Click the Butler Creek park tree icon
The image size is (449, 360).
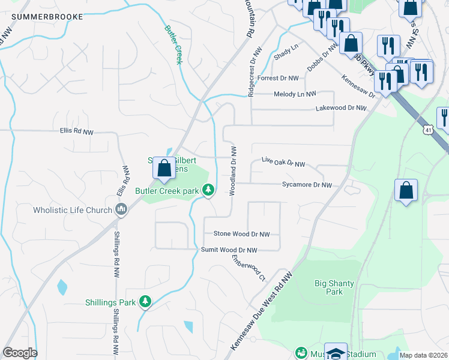pyautogui.click(x=208, y=190)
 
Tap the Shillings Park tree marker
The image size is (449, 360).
pyautogui.click(x=145, y=302)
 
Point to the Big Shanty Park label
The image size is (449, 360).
pyautogui.click(x=334, y=287)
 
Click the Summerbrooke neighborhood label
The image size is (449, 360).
pyautogui.click(x=47, y=17)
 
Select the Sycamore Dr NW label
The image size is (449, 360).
pyautogui.click(x=307, y=185)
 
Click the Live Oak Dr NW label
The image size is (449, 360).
pyautogui.click(x=283, y=163)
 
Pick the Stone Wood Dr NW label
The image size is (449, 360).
pyautogui.click(x=242, y=234)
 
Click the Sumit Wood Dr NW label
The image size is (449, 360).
pyautogui.click(x=229, y=250)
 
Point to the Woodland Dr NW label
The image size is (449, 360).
pyautogui.click(x=232, y=170)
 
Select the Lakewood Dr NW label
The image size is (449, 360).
pyautogui.click(x=341, y=108)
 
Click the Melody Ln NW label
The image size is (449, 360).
pyautogui.click(x=294, y=94)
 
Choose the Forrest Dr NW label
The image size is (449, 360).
pyautogui.click(x=277, y=78)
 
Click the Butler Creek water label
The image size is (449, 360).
pyautogui.click(x=173, y=44)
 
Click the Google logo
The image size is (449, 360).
pyautogui.click(x=20, y=353)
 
